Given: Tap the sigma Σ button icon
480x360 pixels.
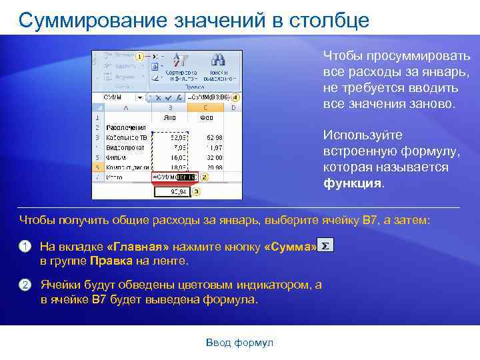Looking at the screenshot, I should click(x=325, y=246).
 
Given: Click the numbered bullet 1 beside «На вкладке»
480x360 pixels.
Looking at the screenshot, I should click(x=25, y=247).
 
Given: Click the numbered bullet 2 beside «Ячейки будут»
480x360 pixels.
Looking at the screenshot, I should click(x=25, y=285).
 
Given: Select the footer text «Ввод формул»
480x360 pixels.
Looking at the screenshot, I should click(x=239, y=343).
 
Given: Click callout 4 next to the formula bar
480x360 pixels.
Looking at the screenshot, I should click(x=235, y=97).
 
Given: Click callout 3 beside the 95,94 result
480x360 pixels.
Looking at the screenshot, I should click(x=195, y=191).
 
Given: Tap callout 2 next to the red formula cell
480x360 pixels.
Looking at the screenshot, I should click(x=204, y=177).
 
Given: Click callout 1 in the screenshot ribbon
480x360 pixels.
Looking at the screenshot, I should click(x=139, y=57).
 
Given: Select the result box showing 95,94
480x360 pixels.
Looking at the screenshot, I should click(x=173, y=191).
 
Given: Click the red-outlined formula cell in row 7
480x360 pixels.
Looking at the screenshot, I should click(x=175, y=177).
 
